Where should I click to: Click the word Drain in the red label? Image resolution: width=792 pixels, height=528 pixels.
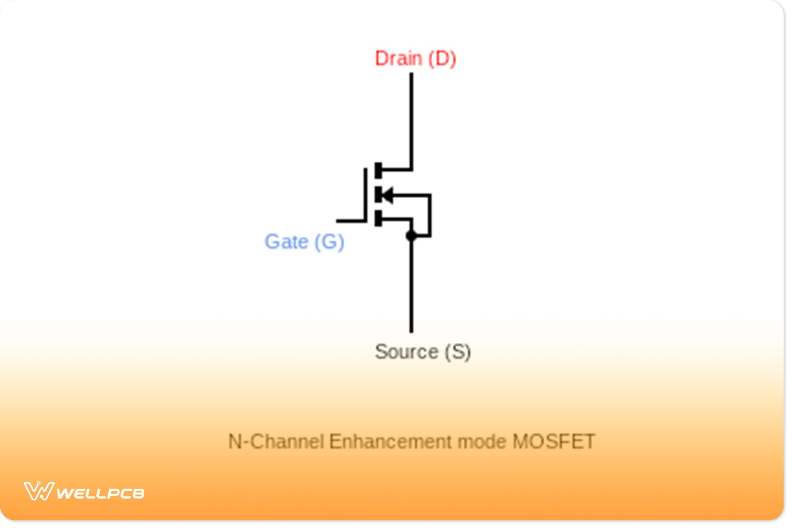click(398, 58)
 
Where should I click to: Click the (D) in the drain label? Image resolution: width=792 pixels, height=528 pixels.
click(442, 58)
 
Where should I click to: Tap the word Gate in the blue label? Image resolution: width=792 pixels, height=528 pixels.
click(286, 242)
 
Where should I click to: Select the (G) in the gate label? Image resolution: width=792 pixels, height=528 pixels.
click(329, 242)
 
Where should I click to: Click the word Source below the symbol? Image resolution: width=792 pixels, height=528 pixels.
click(406, 352)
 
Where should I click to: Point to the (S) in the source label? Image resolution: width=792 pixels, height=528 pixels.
click(458, 352)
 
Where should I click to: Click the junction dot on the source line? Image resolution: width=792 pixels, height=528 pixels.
click(411, 236)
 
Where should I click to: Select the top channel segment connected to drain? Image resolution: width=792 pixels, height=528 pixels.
click(378, 170)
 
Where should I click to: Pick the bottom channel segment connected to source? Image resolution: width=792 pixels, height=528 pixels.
click(378, 218)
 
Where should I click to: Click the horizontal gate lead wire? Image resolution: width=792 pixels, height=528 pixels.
click(350, 220)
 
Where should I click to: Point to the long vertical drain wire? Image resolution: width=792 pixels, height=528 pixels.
click(411, 120)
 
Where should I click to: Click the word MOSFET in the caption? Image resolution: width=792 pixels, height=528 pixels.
click(554, 442)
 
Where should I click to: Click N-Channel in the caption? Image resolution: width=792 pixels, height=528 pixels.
click(276, 442)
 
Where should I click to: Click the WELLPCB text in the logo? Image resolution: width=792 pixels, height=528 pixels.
click(100, 493)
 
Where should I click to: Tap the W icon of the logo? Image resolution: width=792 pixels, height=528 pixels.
click(39, 491)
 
